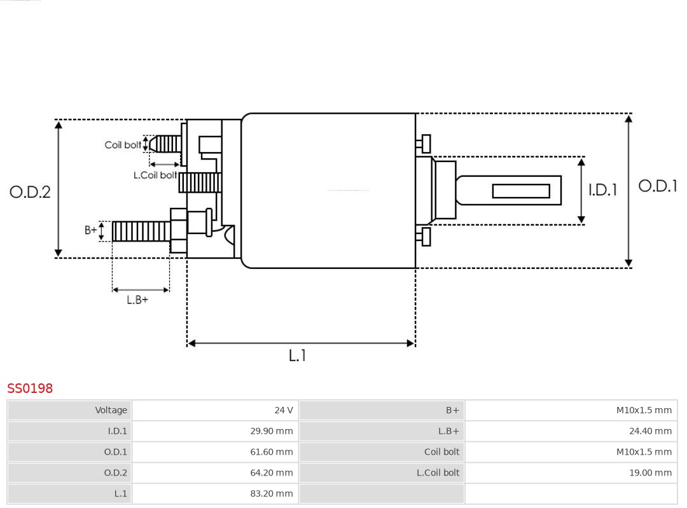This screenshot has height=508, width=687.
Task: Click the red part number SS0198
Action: point(30,388)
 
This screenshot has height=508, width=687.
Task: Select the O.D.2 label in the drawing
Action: point(30,191)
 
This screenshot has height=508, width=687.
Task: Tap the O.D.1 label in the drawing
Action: point(658,186)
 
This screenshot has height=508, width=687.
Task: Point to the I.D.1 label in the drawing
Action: point(602,190)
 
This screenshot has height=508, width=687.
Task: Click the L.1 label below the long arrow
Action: point(297,356)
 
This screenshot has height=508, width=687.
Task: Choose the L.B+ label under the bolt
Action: point(137,299)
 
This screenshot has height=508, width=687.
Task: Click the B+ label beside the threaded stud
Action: point(91,230)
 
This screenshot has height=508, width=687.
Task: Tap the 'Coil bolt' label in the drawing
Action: point(123,145)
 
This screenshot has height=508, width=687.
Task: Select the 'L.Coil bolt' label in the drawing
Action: point(155,175)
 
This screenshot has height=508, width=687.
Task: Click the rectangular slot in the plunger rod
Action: point(521,191)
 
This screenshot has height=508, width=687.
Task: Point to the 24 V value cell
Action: point(284,410)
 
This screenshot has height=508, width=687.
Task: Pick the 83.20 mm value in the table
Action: point(272,493)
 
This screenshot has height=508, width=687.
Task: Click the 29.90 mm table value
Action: point(272,431)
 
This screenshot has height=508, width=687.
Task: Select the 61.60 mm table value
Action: point(272,452)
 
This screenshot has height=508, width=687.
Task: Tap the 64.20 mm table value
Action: point(272,472)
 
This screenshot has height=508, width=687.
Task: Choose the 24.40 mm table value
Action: point(650,431)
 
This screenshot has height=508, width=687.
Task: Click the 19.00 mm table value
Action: point(650,472)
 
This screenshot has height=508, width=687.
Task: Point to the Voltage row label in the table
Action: point(111,410)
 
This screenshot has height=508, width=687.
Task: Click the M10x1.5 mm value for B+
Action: point(644,410)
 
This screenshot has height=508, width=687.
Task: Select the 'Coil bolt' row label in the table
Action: point(441,452)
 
